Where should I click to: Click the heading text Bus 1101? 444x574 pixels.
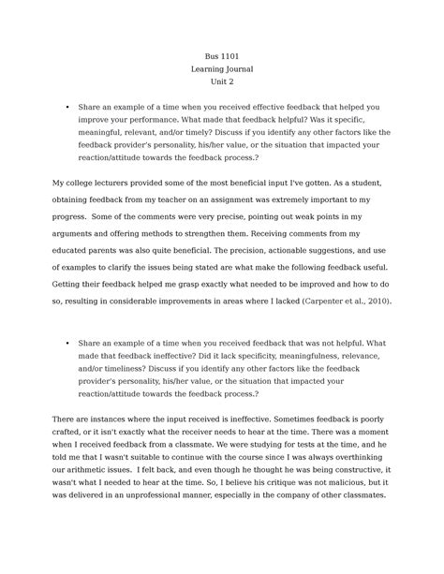click(x=221, y=56)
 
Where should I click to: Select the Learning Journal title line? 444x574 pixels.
click(x=221, y=69)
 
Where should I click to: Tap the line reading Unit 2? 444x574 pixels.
click(x=221, y=82)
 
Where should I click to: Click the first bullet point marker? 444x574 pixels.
click(x=67, y=108)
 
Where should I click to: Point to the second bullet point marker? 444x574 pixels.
click(x=67, y=344)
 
